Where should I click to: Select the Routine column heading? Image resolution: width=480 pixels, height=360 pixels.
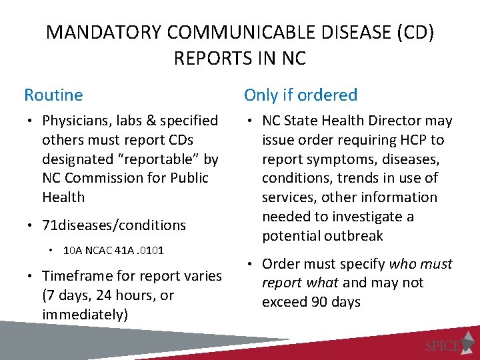pos(53,95)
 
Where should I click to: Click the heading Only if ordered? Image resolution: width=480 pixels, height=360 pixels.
pos(301,95)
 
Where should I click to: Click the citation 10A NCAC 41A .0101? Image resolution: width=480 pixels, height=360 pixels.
pos(113,251)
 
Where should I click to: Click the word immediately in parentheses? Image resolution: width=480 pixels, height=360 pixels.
pos(85,315)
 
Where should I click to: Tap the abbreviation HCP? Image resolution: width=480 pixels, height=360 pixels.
pos(413,140)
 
